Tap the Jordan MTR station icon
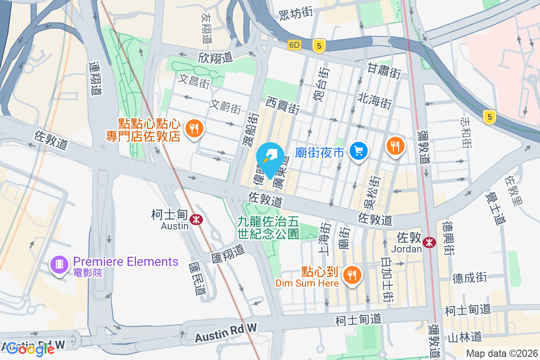pos(430,242)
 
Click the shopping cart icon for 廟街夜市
pos(359,150)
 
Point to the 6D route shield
pos(295,45)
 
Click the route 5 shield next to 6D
pos(319,45)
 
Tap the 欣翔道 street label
pos(215,58)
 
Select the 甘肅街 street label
pos(384,70)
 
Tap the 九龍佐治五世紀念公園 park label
pos(269,228)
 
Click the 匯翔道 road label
pos(228,254)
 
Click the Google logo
pos(31,349)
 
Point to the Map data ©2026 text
pos(502,353)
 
